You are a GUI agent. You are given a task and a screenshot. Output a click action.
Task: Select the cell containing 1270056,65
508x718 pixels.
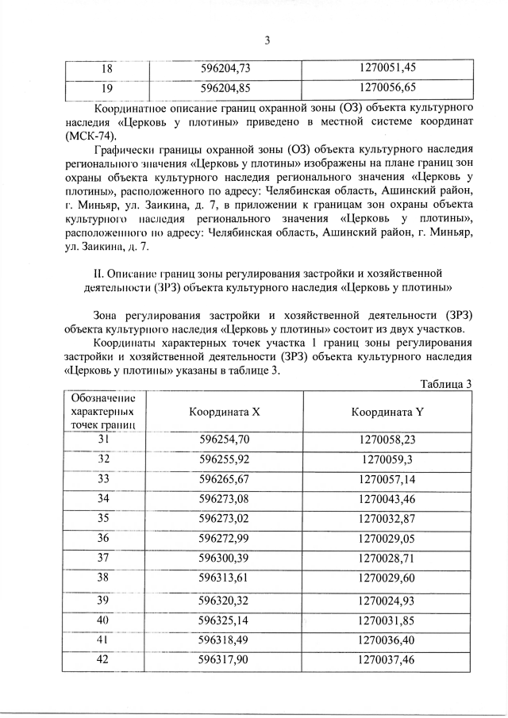click(x=387, y=87)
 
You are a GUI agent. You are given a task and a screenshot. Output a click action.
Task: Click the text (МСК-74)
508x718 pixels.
click(x=87, y=135)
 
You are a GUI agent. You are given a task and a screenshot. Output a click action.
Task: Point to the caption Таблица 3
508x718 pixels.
click(x=444, y=385)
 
